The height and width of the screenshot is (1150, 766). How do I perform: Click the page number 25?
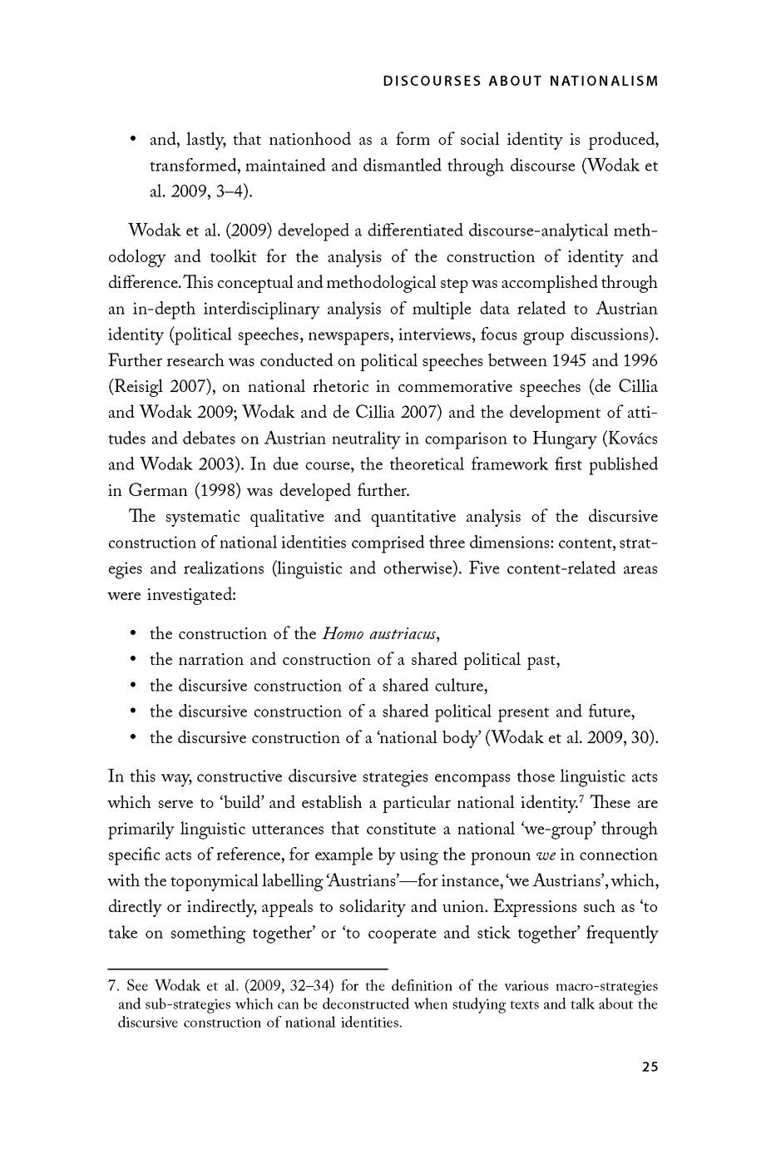650,1067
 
